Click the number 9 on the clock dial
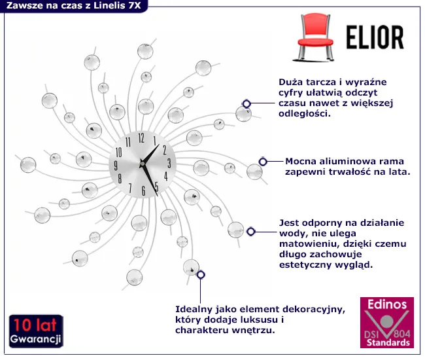coord(117,165)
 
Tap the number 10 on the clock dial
coord(119,151)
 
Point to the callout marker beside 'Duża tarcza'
coord(246,103)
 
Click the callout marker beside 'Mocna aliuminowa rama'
coord(262,161)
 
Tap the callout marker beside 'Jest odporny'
coord(250,231)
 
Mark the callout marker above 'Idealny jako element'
coord(201,275)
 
